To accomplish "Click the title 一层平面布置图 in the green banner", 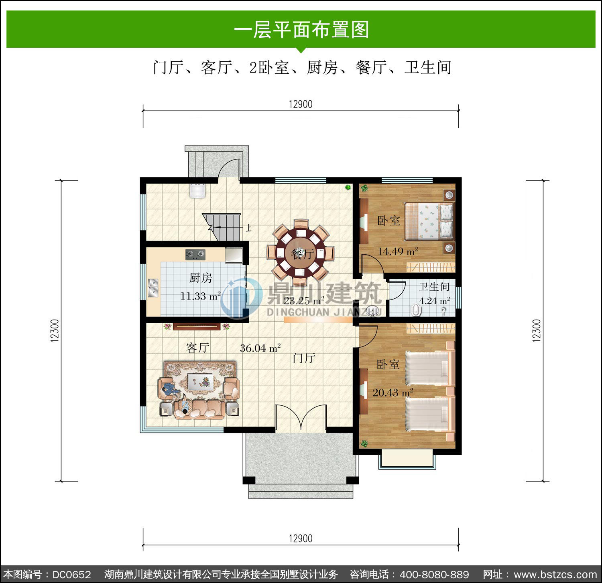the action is [x=301, y=29].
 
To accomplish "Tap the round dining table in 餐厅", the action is [x=301, y=253].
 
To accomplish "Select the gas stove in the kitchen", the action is [x=195, y=254].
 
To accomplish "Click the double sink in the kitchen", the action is [x=153, y=288].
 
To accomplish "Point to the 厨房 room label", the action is [x=201, y=277].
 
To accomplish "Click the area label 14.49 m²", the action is [x=398, y=251].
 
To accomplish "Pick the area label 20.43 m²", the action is [x=393, y=392].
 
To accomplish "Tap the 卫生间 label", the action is [x=434, y=286].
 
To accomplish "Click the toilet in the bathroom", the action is [x=417, y=310].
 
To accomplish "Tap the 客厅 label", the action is [x=197, y=348].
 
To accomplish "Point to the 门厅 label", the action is [x=304, y=358].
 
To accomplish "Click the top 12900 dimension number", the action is [x=301, y=104].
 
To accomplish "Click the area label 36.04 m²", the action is [x=260, y=348].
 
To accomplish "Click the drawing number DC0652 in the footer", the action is [x=71, y=575].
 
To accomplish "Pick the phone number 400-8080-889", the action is [x=434, y=575].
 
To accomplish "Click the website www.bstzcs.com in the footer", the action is [x=555, y=575].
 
